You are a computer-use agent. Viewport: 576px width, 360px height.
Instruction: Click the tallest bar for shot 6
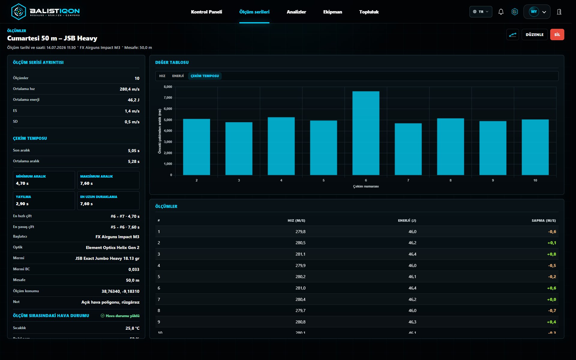[x=366, y=133]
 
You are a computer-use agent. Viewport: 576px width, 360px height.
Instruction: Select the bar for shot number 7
[x=408, y=149]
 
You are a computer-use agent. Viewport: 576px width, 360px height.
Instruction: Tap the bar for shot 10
[x=535, y=147]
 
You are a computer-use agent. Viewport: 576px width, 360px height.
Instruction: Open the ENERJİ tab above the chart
[x=178, y=76]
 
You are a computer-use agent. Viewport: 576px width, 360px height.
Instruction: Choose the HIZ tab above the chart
[x=162, y=76]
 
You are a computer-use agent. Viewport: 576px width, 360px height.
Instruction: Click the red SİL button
[x=557, y=34]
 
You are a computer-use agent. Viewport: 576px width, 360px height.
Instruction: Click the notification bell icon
[x=501, y=12]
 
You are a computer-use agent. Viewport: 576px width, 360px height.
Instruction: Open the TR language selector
[x=481, y=12]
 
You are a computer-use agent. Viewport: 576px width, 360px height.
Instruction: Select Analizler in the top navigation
[x=296, y=12]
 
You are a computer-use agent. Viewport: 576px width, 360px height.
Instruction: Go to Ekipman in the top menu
[x=333, y=12]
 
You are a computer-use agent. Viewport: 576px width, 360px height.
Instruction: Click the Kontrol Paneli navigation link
[x=206, y=12]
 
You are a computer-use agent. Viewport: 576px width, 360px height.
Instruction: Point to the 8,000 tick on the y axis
[x=168, y=87]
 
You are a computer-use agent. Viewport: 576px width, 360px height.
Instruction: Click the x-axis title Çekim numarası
[x=366, y=186]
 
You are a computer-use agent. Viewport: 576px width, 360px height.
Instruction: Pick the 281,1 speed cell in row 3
[x=300, y=254]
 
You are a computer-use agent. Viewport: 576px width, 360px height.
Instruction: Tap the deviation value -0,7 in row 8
[x=552, y=310]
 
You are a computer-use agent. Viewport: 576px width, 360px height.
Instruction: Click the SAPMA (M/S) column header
[x=544, y=220]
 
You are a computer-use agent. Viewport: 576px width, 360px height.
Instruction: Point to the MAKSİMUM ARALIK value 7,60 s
[x=86, y=183]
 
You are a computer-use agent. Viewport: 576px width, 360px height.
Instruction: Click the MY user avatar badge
[x=534, y=12]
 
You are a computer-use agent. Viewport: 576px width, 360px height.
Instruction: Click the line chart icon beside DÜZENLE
[x=513, y=34]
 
